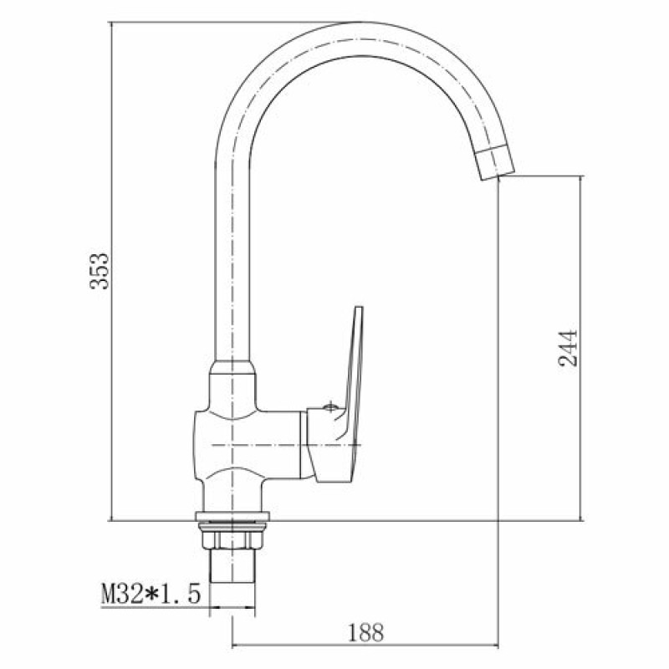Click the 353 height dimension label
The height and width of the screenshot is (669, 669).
[x=100, y=271]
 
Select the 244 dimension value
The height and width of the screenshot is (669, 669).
[x=568, y=348]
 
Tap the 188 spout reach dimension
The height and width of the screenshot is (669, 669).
[x=366, y=632]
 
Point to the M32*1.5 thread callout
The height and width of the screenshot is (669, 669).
[x=151, y=594]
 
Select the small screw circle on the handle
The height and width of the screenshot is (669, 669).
[x=329, y=407]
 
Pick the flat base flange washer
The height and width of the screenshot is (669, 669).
[x=232, y=517]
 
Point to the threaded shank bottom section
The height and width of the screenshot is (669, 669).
[x=232, y=565]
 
